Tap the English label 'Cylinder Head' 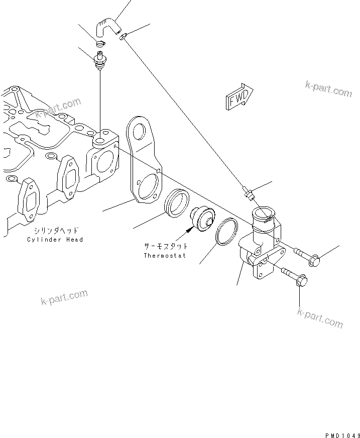point(55,240)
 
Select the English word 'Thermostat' point(165,255)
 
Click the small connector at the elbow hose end point(124,36)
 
